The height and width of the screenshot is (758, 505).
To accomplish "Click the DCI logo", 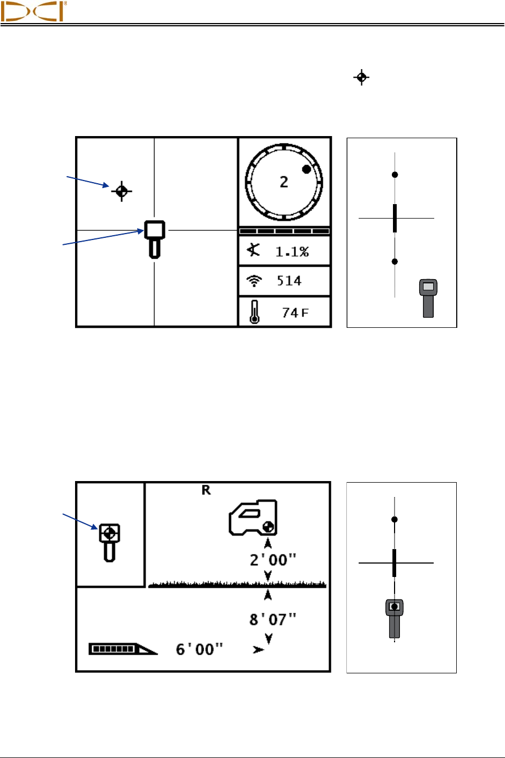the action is tap(33, 11).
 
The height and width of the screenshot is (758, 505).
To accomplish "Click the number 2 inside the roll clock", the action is tap(284, 182).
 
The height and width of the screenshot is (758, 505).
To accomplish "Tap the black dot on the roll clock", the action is tap(306, 169).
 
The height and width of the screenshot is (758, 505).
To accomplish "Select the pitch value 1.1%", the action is tap(292, 252).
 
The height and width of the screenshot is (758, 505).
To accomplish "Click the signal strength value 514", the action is tap(289, 281).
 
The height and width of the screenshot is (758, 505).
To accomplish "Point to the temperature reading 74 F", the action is tap(295, 313).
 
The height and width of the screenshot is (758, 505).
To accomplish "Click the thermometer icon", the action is tap(255, 312).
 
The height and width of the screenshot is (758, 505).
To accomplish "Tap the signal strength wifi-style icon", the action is tap(255, 281).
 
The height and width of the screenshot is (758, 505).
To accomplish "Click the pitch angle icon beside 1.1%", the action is tap(254, 250).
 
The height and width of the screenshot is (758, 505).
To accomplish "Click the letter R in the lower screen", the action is tap(206, 490).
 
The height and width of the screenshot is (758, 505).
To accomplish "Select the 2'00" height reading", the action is tap(273, 560).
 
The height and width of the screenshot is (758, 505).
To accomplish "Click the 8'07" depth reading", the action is tap(273, 620).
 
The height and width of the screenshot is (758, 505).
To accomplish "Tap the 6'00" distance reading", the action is tap(199, 649).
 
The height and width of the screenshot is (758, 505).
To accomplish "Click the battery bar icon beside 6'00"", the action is tap(122, 649).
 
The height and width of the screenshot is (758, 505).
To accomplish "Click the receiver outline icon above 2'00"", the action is tap(254, 518).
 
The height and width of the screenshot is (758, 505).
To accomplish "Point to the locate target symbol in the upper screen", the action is tap(122, 190).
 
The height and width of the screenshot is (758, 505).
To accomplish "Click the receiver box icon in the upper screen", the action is tap(154, 238).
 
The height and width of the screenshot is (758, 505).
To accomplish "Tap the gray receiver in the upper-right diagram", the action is tap(428, 298).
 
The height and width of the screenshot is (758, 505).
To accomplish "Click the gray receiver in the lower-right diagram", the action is tap(395, 618).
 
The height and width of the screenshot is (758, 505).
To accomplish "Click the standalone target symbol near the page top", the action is tap(361, 78).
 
